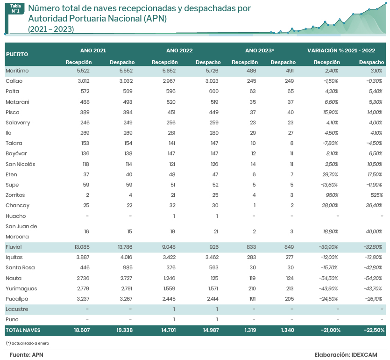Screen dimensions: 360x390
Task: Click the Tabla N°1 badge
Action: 15,8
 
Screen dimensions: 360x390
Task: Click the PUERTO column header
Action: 17,54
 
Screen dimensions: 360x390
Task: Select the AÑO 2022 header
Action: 179,50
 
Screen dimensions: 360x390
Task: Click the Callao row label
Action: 14,81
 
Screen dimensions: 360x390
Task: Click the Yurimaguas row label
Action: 21,288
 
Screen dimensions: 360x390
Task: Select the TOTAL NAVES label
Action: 23,330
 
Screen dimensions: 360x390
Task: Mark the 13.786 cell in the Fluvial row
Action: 125,247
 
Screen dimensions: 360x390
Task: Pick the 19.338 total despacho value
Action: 125,330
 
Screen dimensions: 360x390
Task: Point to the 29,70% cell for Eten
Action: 329,174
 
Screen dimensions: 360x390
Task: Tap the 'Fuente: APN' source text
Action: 26,355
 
